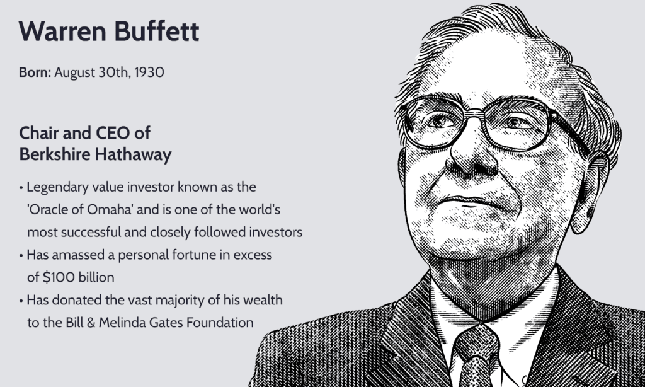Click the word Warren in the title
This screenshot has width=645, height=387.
coord(62,31)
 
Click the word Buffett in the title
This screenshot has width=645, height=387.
coord(157,31)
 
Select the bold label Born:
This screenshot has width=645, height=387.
coord(35,72)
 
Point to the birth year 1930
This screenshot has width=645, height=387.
coord(149,72)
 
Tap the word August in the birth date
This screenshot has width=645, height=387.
coord(74,73)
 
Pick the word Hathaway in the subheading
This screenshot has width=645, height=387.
coord(134,155)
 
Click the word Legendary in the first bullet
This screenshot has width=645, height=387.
coord(57,187)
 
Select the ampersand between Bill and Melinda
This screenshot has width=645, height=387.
coord(91,322)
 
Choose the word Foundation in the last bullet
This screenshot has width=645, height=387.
coord(220,322)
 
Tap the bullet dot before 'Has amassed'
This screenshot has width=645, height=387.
coord(21,256)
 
